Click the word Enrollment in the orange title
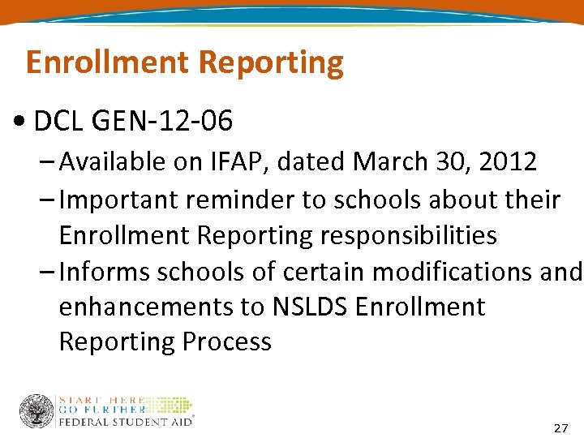pyautogui.click(x=108, y=62)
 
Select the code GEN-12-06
pyautogui.click(x=163, y=122)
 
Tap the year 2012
pyautogui.click(x=507, y=162)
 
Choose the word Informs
pyautogui.click(x=102, y=272)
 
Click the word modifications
pyautogui.click(x=456, y=272)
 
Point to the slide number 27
pyautogui.click(x=560, y=427)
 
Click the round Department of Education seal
pyautogui.click(x=36, y=411)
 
